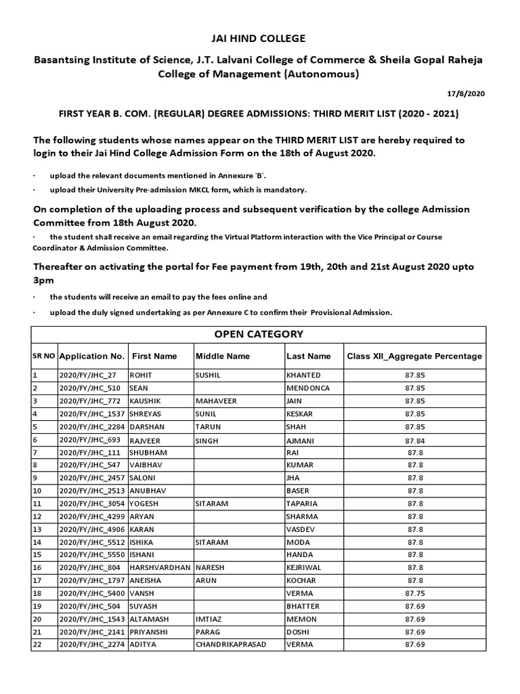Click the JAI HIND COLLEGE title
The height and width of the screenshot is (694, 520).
[260, 39]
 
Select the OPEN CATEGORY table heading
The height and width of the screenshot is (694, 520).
[259, 334]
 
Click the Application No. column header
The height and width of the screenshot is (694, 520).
[92, 356]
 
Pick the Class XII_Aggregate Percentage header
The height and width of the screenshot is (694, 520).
[414, 356]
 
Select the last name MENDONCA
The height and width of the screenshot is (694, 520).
[309, 388]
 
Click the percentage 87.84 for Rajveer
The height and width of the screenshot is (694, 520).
[414, 440]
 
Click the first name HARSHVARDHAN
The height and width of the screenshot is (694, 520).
[159, 567]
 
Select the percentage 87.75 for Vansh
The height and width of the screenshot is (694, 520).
[414, 593]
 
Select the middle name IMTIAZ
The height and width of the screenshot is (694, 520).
[209, 619]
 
